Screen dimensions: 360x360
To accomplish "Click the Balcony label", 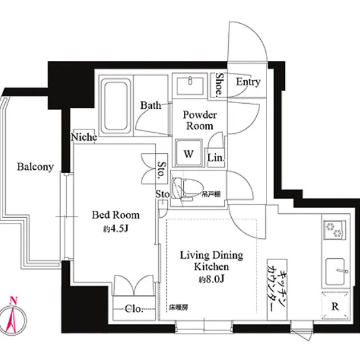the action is coord(35,167).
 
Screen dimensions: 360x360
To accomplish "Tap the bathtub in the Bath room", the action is coord(116,106).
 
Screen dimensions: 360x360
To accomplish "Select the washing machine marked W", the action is coord(189,152).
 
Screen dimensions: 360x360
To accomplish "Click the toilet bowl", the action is coord(187,188).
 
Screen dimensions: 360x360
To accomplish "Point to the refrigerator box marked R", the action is coord(336,306).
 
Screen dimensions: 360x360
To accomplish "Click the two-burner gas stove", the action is coord(335,230).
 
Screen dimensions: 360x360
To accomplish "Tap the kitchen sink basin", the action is coord(335,272).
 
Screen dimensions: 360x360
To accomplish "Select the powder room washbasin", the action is coord(190,86).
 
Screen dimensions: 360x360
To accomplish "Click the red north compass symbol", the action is coord(13,316).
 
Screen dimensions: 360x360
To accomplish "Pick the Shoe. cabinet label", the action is coord(219,84).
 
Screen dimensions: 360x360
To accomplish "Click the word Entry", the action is coord(248,82).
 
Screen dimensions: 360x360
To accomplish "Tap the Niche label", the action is coord(84,137).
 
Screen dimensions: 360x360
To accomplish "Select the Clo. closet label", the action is coord(134,309).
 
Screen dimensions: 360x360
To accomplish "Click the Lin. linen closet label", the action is coord(216,158).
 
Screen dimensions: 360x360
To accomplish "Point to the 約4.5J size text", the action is coord(116,229).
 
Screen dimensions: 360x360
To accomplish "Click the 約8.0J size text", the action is coord(211,279).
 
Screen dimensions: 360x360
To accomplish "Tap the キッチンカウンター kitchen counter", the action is coord(277,290).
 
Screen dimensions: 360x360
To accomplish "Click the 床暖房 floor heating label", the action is coord(178,307).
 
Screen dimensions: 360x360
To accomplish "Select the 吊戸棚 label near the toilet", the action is coord(211,195).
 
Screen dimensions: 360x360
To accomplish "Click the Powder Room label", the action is coord(199,120).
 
